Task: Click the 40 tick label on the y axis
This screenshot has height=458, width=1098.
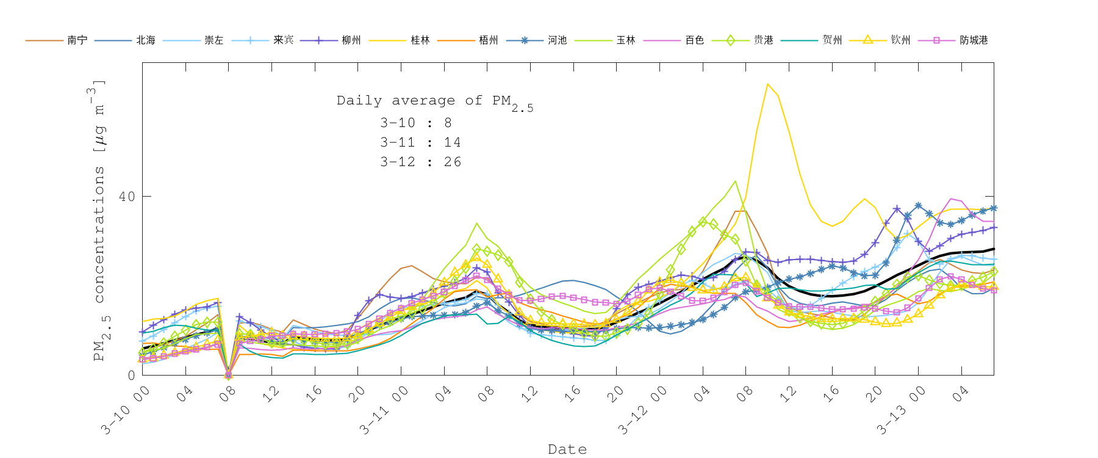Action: [x=127, y=197]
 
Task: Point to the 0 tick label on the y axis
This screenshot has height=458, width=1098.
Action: [x=131, y=376]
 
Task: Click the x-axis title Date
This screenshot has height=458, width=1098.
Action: [x=567, y=449]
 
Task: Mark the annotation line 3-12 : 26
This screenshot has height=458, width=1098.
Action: [x=420, y=162]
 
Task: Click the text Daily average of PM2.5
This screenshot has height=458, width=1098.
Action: [x=434, y=101]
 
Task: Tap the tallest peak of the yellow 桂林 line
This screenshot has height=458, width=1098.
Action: [x=767, y=84]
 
